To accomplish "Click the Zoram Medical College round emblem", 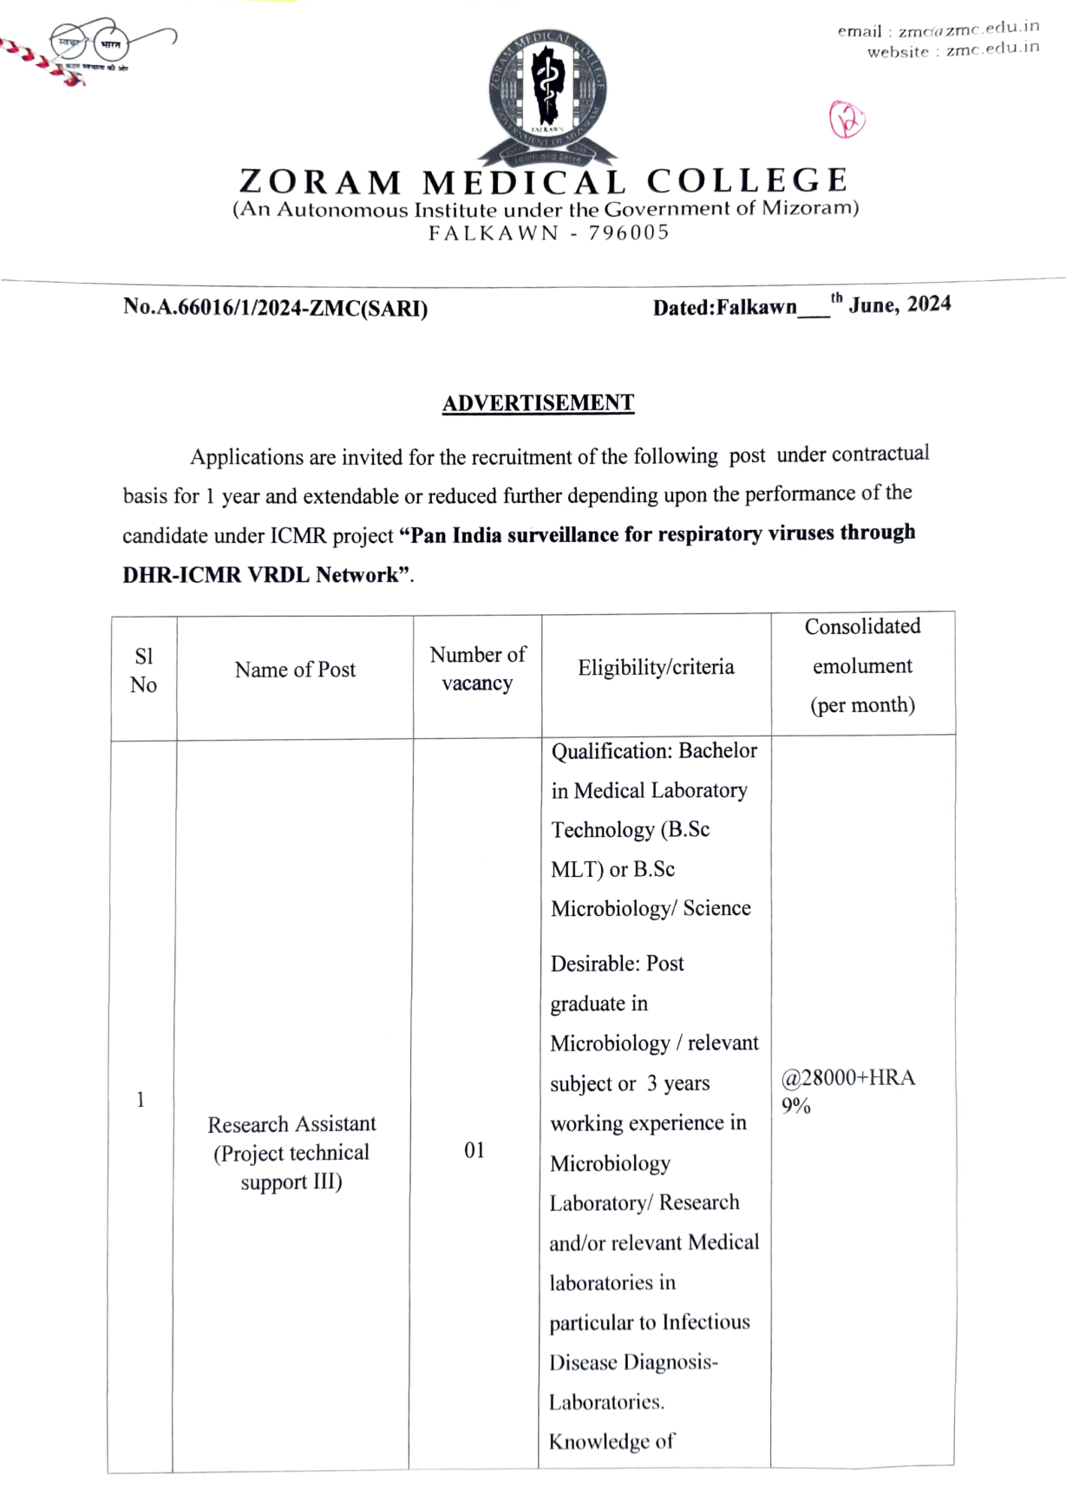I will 546,95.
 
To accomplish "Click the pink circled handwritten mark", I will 847,120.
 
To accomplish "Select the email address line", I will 938,29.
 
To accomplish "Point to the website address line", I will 952,50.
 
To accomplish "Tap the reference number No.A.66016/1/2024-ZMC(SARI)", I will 275,308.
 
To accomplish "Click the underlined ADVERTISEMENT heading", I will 538,403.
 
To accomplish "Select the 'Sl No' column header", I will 143,670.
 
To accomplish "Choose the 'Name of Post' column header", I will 295,670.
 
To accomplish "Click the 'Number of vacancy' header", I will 477,669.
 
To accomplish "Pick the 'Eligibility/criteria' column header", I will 656,667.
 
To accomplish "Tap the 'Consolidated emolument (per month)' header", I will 862,665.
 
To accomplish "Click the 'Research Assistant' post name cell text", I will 291,1124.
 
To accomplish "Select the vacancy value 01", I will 474,1150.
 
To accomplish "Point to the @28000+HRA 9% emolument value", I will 847,1090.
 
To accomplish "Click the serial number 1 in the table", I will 141,1100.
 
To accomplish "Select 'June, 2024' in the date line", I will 899,304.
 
